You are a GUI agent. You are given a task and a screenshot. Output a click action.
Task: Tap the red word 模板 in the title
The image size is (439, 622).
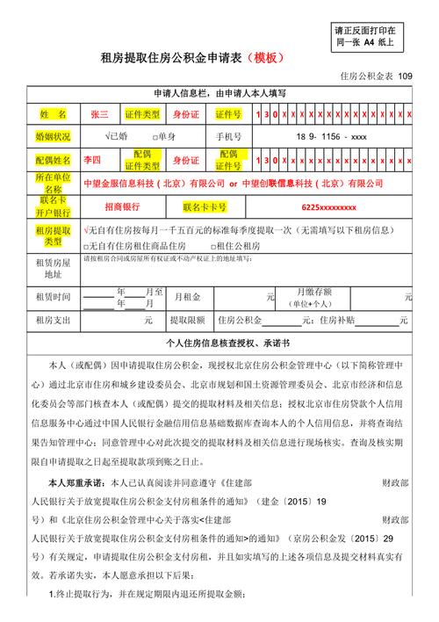point(263,58)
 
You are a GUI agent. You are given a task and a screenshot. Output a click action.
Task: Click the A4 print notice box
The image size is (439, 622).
point(363,35)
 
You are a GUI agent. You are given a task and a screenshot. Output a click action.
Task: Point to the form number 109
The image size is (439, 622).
point(403,76)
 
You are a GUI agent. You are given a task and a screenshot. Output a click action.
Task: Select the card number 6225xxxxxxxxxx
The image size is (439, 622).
point(328,207)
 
